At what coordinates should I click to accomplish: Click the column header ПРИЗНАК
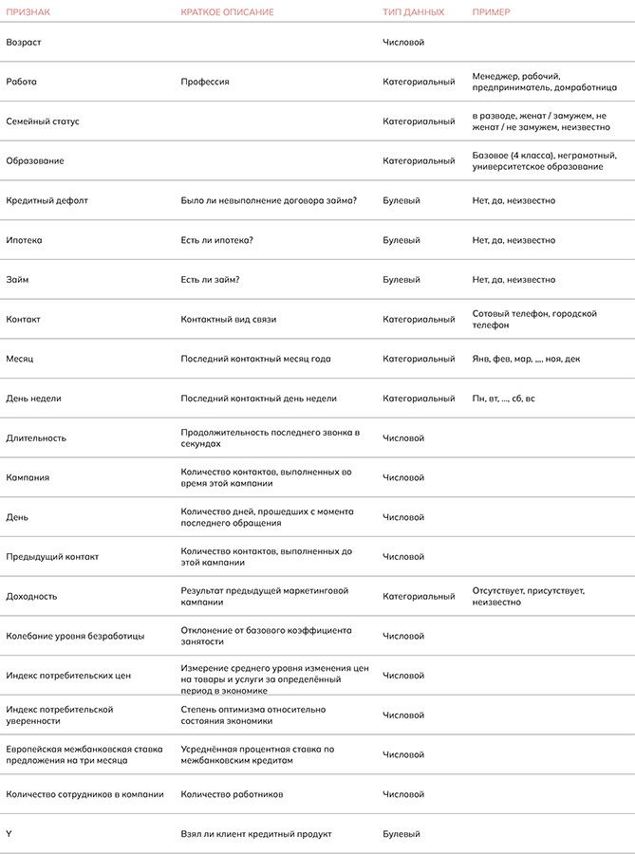(28, 12)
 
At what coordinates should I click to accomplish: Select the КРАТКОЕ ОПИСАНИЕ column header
(228, 12)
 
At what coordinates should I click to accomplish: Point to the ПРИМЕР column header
(492, 12)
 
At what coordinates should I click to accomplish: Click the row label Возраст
(24, 43)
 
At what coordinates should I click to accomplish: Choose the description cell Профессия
(205, 83)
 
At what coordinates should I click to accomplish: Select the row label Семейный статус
(43, 121)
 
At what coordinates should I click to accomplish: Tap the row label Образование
(35, 161)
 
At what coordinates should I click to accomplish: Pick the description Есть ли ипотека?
(217, 241)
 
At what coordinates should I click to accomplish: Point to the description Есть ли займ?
(210, 280)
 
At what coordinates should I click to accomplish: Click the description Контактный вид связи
(229, 320)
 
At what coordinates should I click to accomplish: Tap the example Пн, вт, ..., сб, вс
(504, 399)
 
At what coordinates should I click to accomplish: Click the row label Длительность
(36, 438)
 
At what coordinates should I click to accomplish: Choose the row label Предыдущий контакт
(52, 557)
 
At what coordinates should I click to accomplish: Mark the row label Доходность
(31, 597)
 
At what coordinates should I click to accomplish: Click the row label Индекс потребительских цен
(68, 676)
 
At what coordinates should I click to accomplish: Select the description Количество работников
(233, 794)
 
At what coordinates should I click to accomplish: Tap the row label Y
(9, 834)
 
